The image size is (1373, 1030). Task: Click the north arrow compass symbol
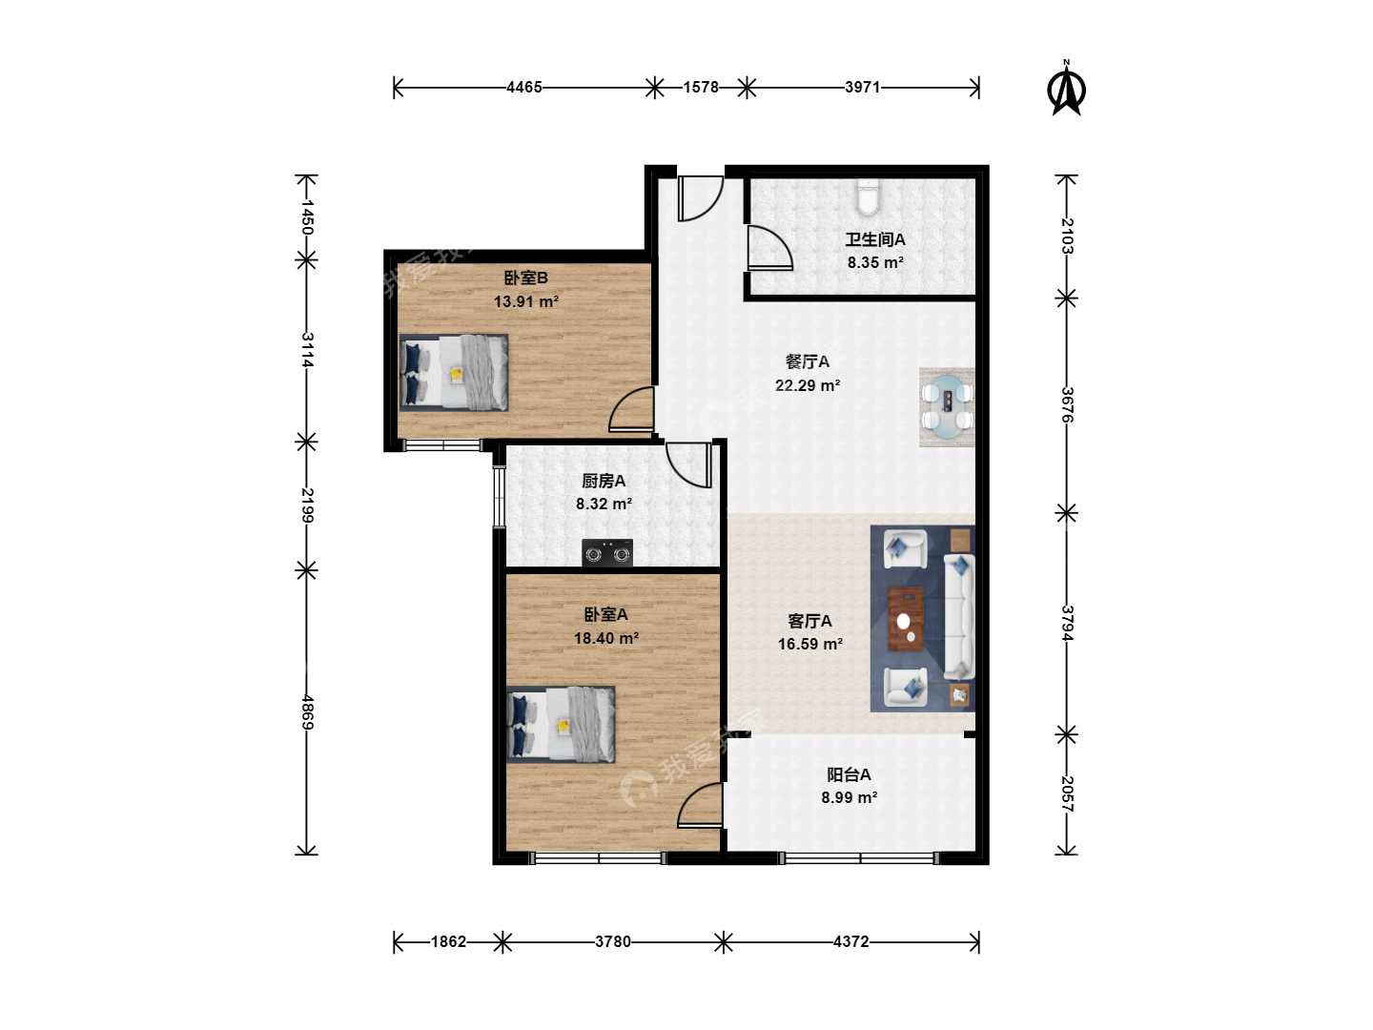click(1066, 89)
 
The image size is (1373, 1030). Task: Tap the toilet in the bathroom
click(868, 196)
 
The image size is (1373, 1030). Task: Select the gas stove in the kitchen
click(606, 552)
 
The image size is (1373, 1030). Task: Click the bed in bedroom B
click(454, 373)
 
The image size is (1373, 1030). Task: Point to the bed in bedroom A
click(561, 725)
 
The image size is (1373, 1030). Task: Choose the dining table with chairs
click(947, 406)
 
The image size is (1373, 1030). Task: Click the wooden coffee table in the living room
click(906, 619)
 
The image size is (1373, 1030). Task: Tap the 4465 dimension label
click(524, 87)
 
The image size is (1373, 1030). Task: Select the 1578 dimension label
click(701, 87)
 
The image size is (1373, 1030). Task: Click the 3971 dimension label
click(863, 87)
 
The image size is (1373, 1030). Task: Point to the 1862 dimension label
click(448, 941)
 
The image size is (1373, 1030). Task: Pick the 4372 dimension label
click(851, 941)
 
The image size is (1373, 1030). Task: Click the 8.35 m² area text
click(875, 262)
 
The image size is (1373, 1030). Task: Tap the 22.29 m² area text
click(808, 385)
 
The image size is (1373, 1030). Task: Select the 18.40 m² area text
click(606, 638)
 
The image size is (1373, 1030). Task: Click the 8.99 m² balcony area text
click(849, 797)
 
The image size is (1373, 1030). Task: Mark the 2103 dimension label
click(1067, 236)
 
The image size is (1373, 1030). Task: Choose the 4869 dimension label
click(306, 711)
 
